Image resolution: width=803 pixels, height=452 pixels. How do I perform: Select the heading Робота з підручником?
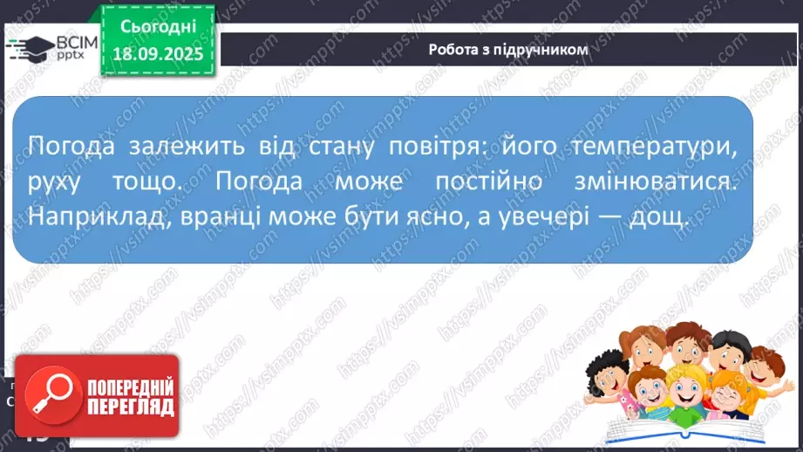point(508,50)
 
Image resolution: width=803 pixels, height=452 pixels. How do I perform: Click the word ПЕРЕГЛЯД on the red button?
point(130,407)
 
